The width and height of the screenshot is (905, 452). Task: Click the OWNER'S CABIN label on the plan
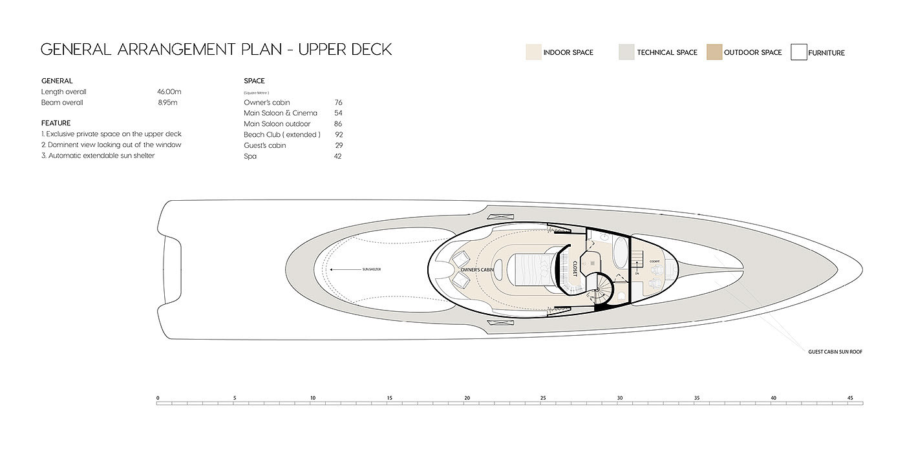(x=478, y=269)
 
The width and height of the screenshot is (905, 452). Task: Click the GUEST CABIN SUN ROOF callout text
(x=835, y=352)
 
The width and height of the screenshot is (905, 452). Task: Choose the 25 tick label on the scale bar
(x=543, y=397)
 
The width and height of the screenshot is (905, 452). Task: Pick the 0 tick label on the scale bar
(x=158, y=397)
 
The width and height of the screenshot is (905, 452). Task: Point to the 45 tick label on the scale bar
(x=850, y=397)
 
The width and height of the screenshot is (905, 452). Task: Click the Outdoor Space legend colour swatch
(x=714, y=52)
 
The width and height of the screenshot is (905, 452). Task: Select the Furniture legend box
(x=799, y=52)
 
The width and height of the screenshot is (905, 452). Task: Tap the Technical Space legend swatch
(x=626, y=52)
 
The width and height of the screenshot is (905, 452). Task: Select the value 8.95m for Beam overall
(x=167, y=103)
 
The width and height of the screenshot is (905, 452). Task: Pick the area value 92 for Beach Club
(x=338, y=135)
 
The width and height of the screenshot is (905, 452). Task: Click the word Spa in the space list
(x=250, y=156)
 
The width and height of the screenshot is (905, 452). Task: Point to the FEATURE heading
(x=56, y=123)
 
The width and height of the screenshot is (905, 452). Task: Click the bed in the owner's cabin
(x=534, y=269)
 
